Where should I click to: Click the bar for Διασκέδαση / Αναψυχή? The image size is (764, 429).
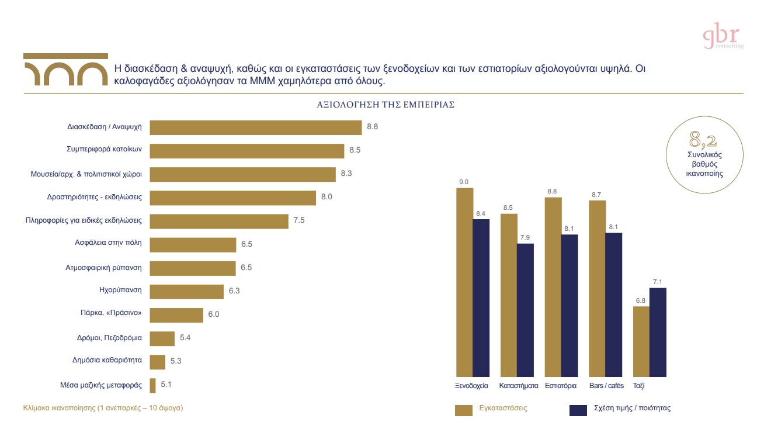tap(256, 127)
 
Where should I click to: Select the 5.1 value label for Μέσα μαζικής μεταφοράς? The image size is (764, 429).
tap(166, 385)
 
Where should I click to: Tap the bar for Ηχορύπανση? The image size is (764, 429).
tap(187, 291)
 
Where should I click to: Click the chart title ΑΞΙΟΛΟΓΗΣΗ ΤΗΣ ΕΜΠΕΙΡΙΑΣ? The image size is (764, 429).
tap(386, 105)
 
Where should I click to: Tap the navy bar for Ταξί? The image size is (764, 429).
tap(658, 331)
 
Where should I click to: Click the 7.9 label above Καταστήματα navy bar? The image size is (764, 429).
tap(525, 237)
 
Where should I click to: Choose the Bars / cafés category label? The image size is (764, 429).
tap(606, 386)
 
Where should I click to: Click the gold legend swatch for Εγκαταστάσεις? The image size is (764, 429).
tap(463, 410)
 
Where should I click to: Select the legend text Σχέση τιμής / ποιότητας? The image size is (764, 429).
tap(632, 409)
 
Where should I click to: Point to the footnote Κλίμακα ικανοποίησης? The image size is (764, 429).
tap(103, 408)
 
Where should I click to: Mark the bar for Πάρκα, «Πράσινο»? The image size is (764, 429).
tap(176, 314)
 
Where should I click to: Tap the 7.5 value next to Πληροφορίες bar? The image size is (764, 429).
tap(298, 220)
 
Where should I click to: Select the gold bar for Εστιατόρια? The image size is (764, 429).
tap(553, 286)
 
